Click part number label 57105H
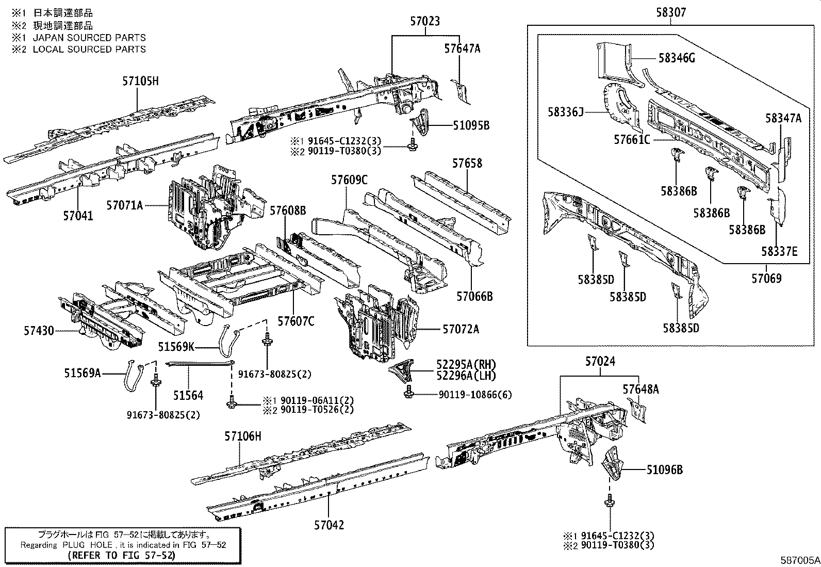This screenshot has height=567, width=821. click(140, 81)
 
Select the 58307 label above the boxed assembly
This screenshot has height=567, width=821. click(671, 11)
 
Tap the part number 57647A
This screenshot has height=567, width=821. click(462, 48)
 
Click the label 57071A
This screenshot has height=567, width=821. click(124, 205)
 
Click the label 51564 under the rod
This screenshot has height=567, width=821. click(188, 396)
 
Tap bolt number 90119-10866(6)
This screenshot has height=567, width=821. click(475, 395)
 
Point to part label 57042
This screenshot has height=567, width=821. click(329, 525)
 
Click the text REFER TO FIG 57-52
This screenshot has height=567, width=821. click(121, 555)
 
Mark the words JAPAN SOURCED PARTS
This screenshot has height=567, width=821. click(89, 38)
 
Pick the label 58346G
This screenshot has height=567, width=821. click(676, 58)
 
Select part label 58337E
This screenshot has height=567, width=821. click(779, 252)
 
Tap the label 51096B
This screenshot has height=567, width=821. click(665, 469)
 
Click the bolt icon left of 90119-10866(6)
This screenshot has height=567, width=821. click(409, 392)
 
